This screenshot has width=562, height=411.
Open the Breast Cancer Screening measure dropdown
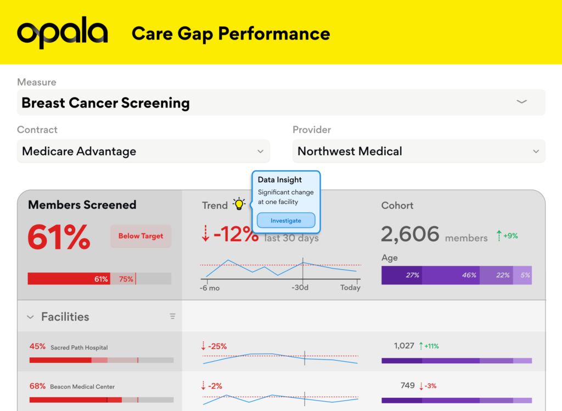[521, 102]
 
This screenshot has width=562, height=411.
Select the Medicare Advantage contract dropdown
[261, 151]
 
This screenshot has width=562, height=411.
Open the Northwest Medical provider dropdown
[536, 151]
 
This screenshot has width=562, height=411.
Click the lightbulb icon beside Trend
[239, 204]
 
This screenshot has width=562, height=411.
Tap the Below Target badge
[140, 236]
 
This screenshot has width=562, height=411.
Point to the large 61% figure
[59, 237]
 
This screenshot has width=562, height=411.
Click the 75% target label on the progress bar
[126, 279]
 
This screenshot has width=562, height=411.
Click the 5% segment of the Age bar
[525, 275]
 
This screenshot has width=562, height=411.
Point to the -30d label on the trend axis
[301, 288]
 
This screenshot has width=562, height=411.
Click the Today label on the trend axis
[350, 288]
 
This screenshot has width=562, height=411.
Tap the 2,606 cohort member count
[411, 235]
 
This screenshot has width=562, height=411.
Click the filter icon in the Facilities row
[172, 316]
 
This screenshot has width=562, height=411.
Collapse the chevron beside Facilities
[30, 317]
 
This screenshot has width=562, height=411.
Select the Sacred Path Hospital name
[79, 347]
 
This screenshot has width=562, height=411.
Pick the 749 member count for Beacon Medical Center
[408, 385]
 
